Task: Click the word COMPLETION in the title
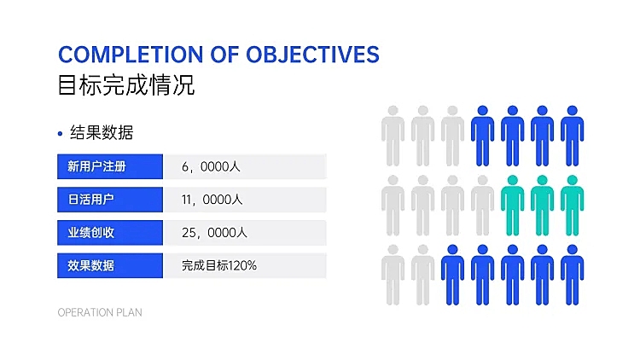coord(131,55)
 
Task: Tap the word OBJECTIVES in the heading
coord(313,55)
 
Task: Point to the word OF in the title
coord(224,55)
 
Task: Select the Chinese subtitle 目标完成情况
coord(126,85)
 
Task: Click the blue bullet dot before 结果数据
coord(60,133)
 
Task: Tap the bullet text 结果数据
coord(102,132)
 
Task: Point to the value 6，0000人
coord(211,166)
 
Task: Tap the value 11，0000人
coord(212,200)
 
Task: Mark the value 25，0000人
coord(214,233)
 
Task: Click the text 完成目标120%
coord(219,265)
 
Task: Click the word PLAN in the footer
coord(130,312)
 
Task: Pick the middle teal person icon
coord(543,206)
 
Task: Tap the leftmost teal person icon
coord(513,206)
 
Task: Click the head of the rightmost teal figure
coord(573,180)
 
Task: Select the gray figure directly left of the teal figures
coord(482,206)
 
